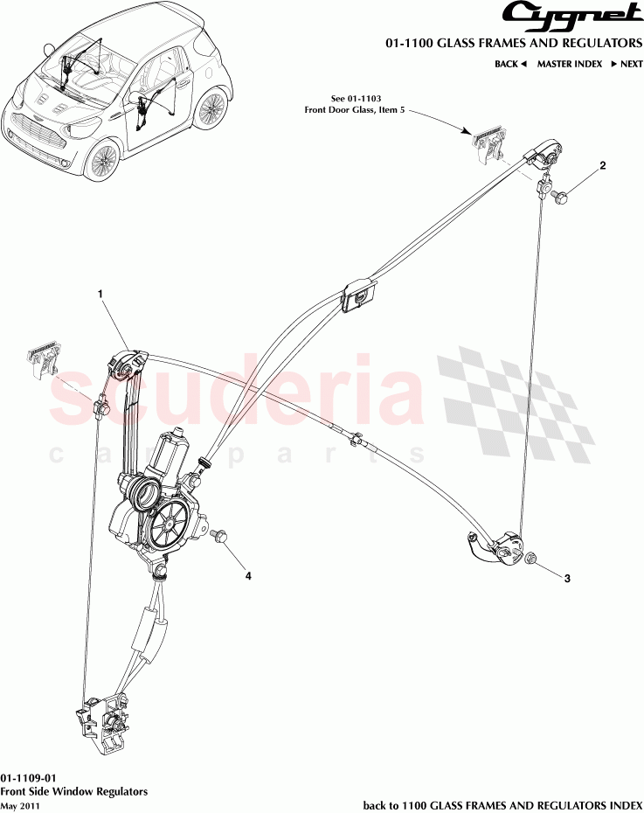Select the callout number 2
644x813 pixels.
coord(601,165)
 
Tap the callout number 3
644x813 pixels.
coord(566,578)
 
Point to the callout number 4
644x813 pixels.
coord(248,576)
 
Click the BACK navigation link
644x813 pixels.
coord(509,64)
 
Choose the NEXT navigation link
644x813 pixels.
coord(627,64)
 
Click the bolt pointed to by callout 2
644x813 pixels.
coord(558,197)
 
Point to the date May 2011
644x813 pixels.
coord(20,805)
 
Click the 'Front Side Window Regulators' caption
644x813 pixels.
coord(73,791)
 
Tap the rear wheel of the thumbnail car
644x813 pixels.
coord(211,109)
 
